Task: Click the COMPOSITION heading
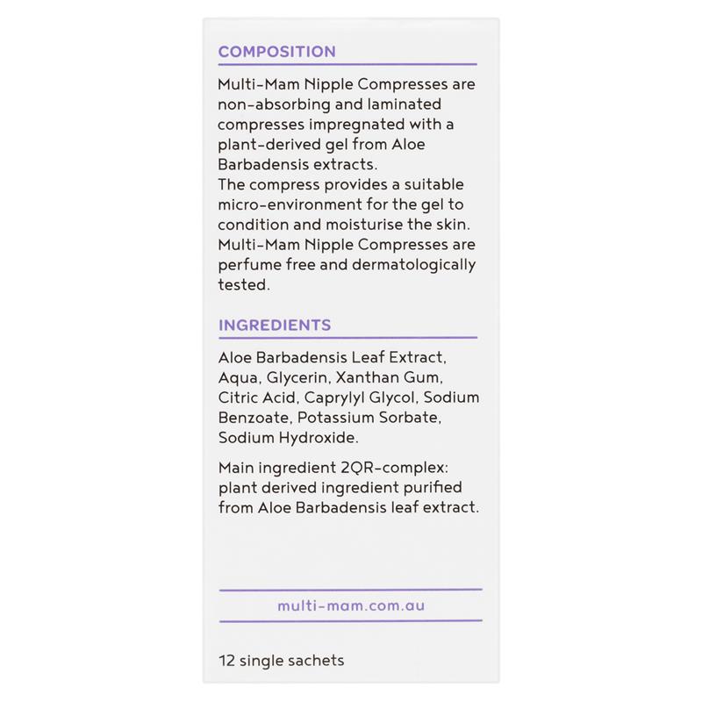tap(276, 52)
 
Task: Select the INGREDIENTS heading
tap(274, 326)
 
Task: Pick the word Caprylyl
tap(337, 398)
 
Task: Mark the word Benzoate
tap(254, 417)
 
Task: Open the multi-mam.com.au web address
tap(351, 605)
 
